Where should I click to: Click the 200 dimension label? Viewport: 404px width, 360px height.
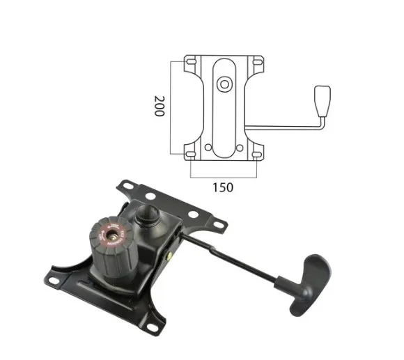tap(159, 106)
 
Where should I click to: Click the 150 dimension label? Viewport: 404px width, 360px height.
tap(223, 187)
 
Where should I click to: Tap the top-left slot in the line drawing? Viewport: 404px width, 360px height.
tap(192, 62)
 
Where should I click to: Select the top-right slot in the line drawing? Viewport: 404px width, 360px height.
tap(257, 62)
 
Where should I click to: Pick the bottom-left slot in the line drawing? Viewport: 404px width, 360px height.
tap(191, 155)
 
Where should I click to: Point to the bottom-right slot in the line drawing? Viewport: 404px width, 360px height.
tap(257, 155)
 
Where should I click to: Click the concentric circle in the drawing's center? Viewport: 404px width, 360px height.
tap(224, 84)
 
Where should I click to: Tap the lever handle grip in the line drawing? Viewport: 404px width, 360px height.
tap(323, 101)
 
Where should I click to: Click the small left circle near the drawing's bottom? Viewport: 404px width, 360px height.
tap(208, 148)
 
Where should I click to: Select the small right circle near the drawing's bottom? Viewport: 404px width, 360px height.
tap(240, 148)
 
